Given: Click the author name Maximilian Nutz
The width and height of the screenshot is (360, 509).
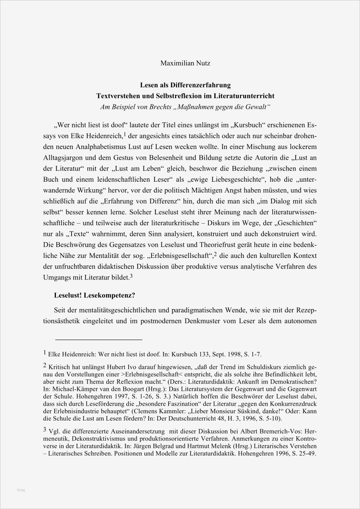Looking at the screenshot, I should click(x=186, y=64).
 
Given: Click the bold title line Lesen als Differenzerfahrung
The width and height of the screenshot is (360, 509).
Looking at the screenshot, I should click(x=186, y=85).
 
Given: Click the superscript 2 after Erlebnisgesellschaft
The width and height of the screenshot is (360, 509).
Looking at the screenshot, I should click(x=215, y=254).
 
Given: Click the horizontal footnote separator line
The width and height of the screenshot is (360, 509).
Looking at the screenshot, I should click(x=99, y=340).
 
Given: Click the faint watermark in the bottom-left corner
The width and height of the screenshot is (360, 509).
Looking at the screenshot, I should click(x=21, y=490).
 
